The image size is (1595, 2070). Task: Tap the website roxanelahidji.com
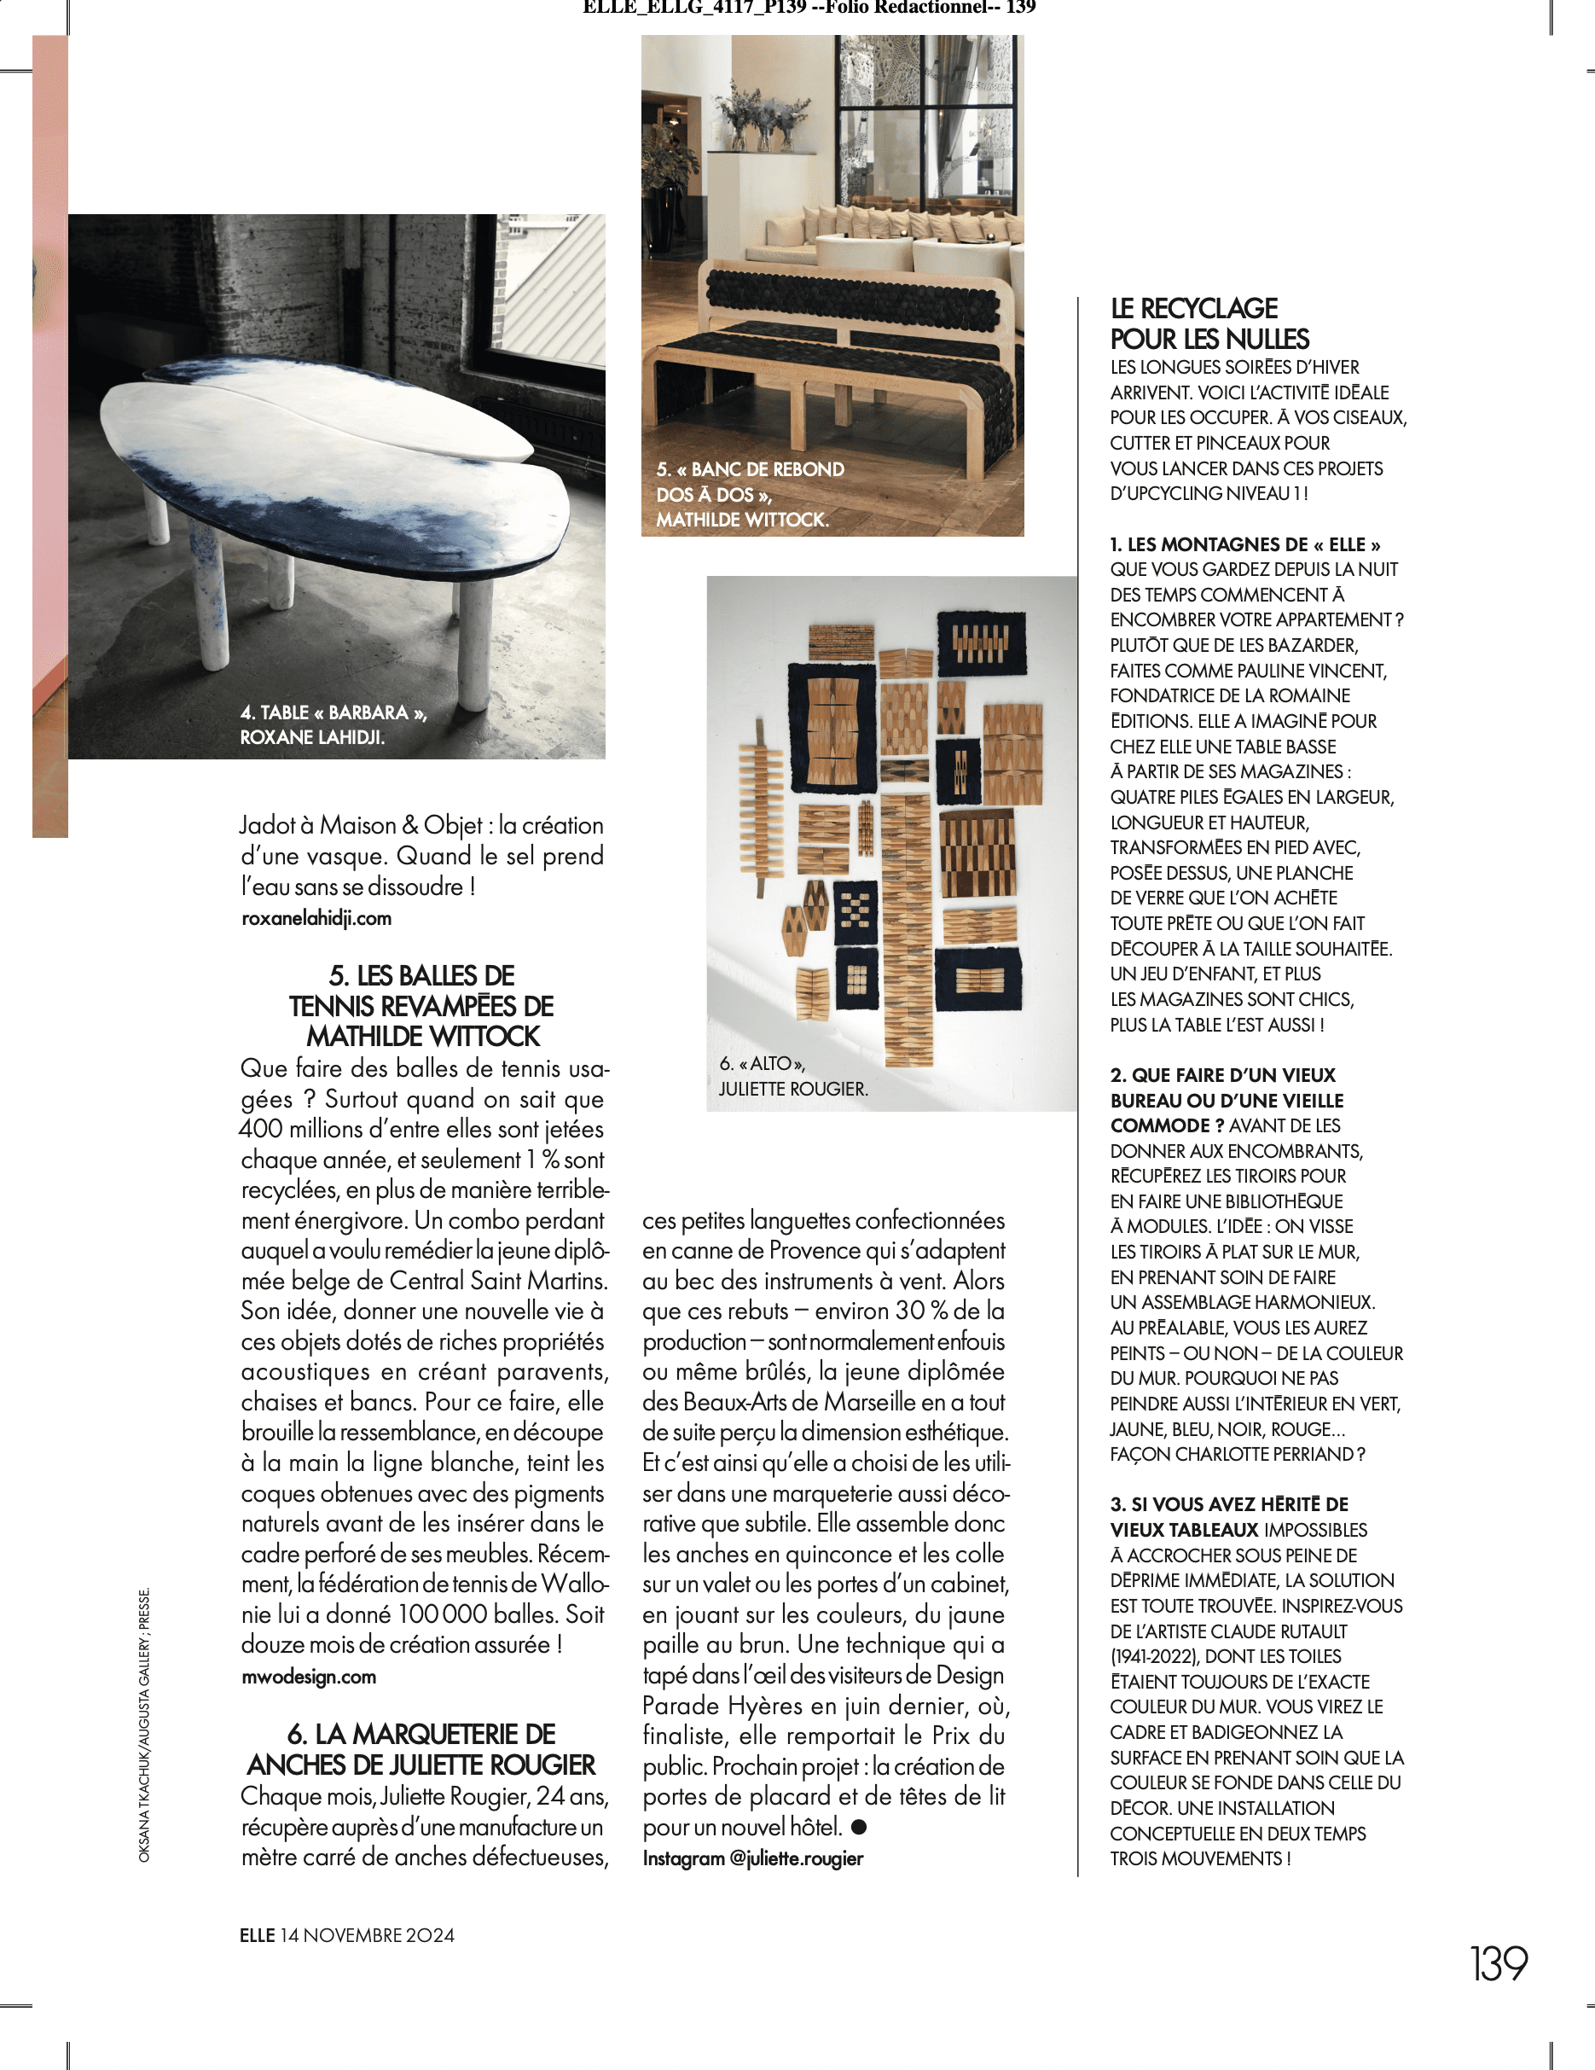[316, 918]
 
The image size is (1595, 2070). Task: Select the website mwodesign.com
[309, 1677]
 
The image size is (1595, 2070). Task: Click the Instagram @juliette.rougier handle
[752, 1858]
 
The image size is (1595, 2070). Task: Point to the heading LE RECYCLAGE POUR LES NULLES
[1209, 323]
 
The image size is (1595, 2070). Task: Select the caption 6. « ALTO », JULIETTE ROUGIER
[792, 1077]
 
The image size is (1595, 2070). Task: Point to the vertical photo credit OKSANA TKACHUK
[145, 1724]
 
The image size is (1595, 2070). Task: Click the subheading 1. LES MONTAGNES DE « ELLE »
[1244, 544]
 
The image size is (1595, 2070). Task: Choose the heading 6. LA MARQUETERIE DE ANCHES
[421, 1750]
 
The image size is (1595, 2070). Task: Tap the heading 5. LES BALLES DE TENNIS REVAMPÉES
[421, 1006]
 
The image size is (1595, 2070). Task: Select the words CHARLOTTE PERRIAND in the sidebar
[1264, 1454]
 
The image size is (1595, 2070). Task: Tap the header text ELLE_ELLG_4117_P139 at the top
[693, 8]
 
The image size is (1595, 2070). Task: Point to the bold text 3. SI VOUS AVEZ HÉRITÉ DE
[1228, 1504]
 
